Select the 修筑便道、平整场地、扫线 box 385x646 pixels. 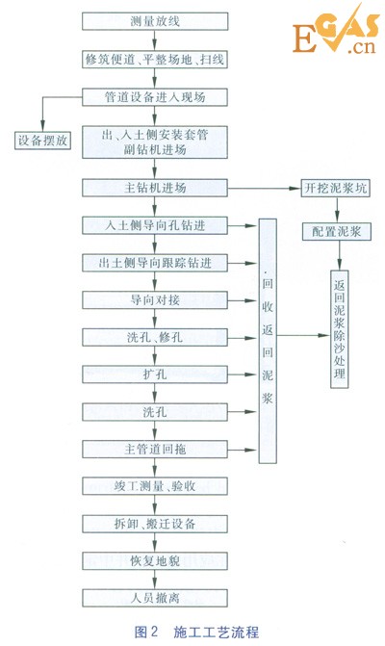click(154, 59)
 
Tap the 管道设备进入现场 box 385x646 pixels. click(154, 97)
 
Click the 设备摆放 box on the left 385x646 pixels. click(41, 140)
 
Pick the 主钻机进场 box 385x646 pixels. click(154, 187)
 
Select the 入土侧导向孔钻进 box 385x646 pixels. click(154, 225)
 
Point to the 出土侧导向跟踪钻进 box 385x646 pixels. click(154, 263)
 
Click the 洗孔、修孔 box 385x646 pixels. click(154, 338)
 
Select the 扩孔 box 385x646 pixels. click(154, 375)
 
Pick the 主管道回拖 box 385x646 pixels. click(154, 450)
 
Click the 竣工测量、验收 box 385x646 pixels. click(154, 486)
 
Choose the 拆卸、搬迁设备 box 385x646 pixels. click(154, 524)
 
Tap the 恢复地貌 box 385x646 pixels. click(154, 561)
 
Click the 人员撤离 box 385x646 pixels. click(154, 598)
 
